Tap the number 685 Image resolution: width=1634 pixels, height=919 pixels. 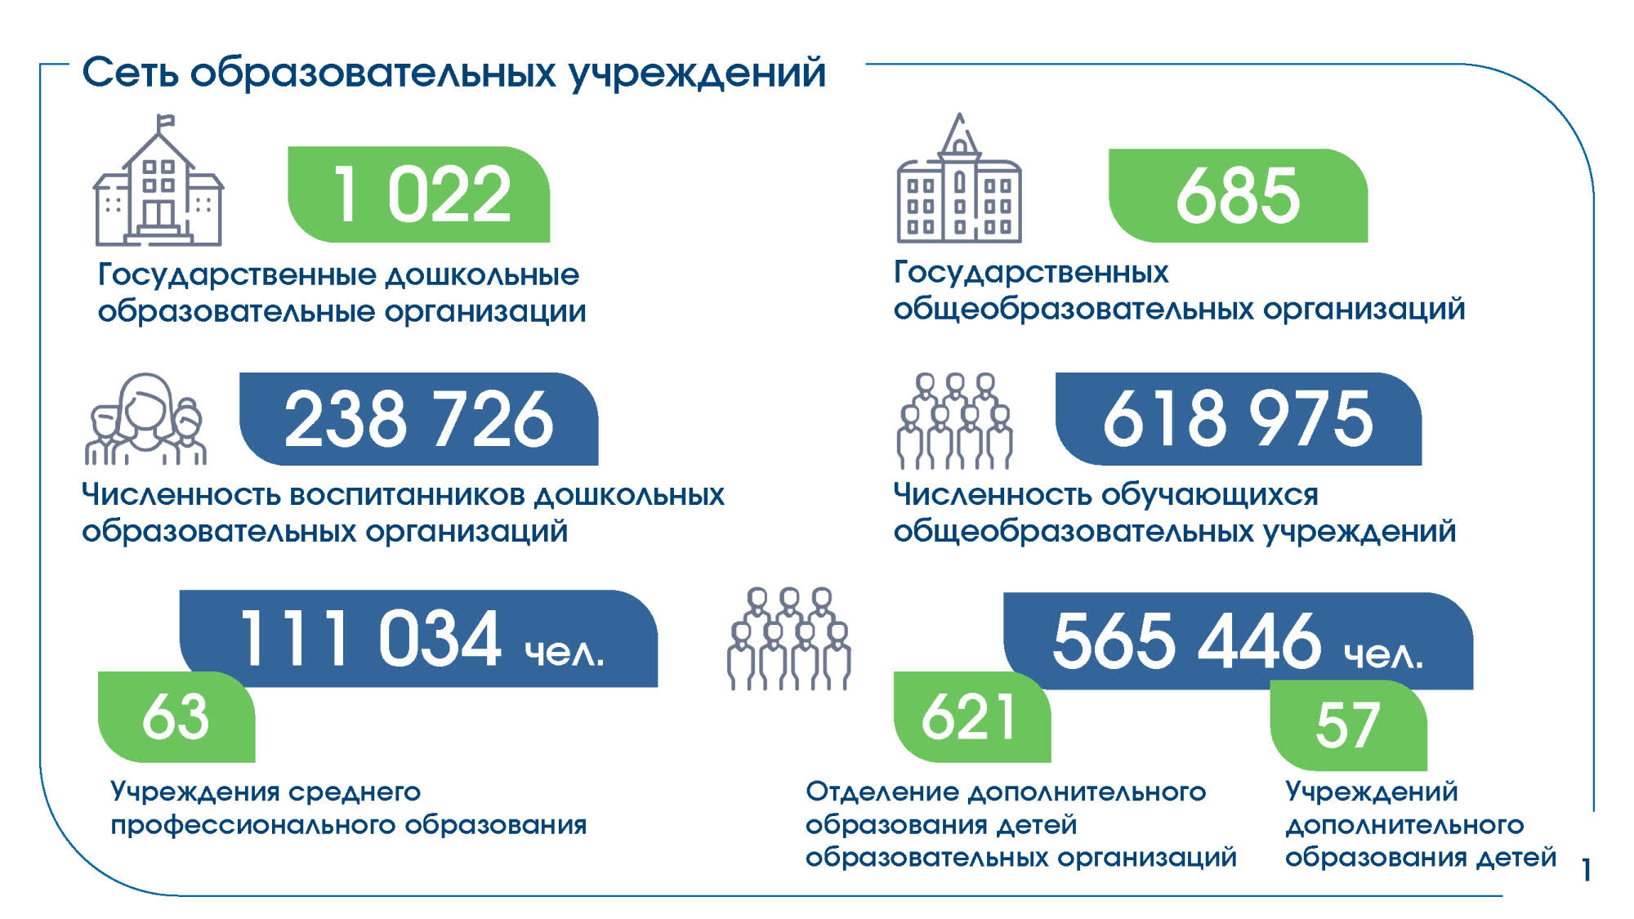click(x=1238, y=196)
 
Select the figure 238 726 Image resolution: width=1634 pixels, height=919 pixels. click(x=419, y=419)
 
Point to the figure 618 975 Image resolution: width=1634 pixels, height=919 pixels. click(x=1238, y=419)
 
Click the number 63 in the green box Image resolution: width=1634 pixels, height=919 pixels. click(x=176, y=717)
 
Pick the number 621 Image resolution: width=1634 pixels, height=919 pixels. click(x=969, y=717)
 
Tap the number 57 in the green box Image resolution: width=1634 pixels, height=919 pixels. click(x=1348, y=725)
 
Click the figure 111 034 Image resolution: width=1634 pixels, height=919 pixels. click(x=370, y=638)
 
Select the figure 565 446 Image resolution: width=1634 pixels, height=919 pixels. click(x=1186, y=640)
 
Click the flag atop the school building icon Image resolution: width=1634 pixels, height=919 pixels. click(x=165, y=123)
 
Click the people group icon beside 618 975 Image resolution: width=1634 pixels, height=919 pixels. click(x=954, y=421)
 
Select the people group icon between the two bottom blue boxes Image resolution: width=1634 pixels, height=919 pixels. click(x=789, y=639)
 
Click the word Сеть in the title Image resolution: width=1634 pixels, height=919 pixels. click(x=130, y=73)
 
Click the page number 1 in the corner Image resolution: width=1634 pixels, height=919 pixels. click(x=1586, y=870)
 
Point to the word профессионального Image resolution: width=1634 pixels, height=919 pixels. click(x=253, y=826)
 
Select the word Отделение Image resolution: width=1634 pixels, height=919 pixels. click(x=882, y=792)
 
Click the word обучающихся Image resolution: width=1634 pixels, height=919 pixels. click(x=1210, y=496)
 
